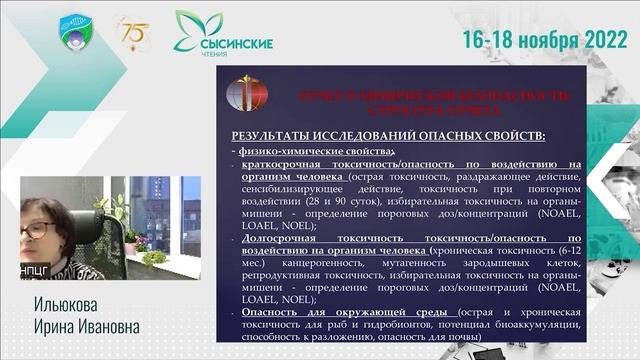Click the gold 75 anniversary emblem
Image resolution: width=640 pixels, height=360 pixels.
pos(133,33)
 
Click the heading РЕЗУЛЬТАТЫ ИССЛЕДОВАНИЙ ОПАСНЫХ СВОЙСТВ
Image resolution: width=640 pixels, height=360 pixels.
pos(388,135)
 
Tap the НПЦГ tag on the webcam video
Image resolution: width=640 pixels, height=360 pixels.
pos(36,270)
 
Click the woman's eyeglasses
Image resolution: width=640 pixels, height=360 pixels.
pos(38,229)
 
